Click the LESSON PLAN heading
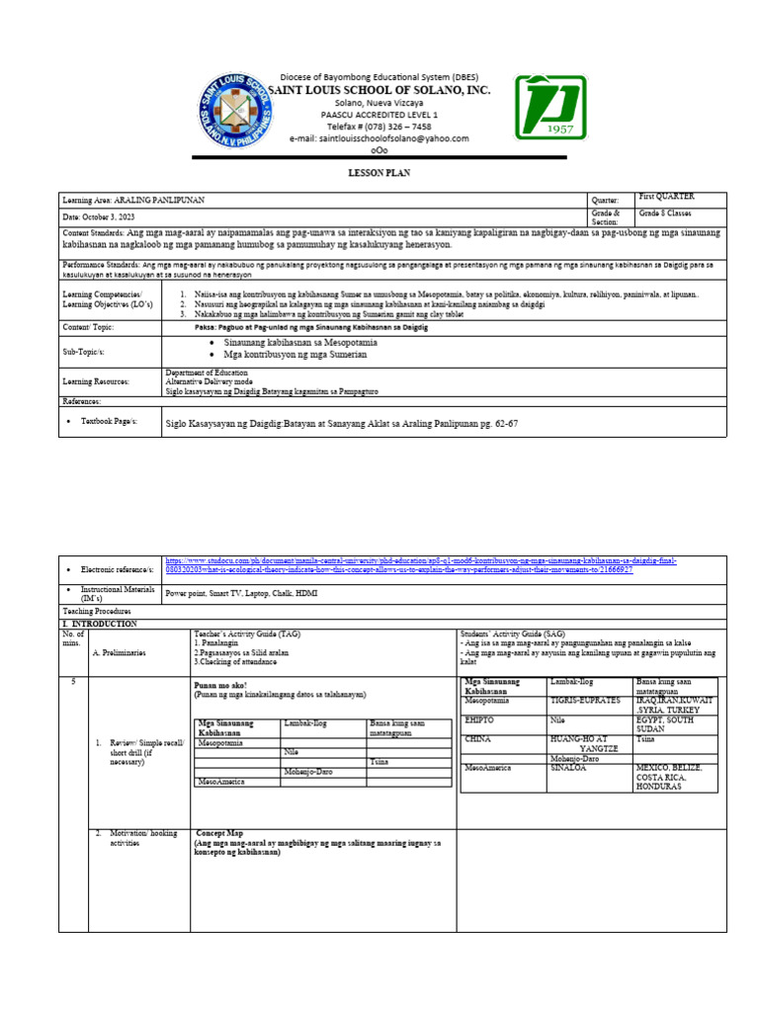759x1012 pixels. coord(378,173)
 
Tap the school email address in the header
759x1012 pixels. coord(379,139)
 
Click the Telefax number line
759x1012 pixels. coord(379,126)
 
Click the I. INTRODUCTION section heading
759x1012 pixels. coord(101,625)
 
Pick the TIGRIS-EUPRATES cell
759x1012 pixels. coord(578,700)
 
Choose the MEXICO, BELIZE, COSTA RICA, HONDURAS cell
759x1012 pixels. coord(676,779)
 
